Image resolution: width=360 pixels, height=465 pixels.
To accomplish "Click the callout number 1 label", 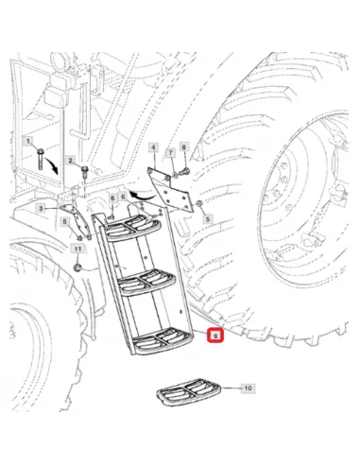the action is click(28, 141).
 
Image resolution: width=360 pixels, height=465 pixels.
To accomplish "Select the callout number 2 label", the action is click(71, 161).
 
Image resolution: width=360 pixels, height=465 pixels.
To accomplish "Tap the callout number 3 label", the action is click(41, 208).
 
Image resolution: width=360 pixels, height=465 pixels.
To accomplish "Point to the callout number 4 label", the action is click(153, 147).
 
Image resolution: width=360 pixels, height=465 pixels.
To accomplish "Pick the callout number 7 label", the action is click(170, 153).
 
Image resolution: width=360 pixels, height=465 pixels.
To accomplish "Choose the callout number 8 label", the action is click(184, 146).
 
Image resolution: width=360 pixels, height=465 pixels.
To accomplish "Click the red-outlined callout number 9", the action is click(215, 336).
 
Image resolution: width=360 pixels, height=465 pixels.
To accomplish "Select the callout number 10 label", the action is click(249, 388).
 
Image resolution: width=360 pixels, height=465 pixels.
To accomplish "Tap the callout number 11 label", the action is click(77, 250).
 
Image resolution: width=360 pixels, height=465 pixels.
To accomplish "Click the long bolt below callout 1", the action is click(40, 159).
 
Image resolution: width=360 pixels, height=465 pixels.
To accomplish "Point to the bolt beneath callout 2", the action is click(85, 173).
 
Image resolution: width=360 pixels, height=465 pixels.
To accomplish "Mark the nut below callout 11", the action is click(77, 268).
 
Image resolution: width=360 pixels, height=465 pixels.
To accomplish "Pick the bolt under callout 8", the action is click(184, 171).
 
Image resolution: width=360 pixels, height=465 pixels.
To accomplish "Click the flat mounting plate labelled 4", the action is click(169, 191).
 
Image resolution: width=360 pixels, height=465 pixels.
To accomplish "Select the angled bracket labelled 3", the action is click(76, 221).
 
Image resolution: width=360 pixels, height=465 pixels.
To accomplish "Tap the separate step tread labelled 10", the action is click(188, 392).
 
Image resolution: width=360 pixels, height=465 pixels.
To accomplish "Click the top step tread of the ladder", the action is click(133, 229).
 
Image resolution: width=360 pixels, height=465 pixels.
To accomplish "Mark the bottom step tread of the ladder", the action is click(163, 341).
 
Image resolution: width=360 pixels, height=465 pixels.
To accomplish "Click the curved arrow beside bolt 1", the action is click(53, 165).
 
